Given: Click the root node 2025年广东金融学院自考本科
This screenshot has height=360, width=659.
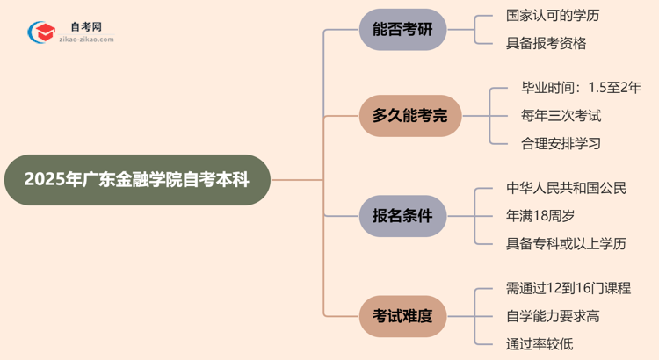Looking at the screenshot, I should [136, 180].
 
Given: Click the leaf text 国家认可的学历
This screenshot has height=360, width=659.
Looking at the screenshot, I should [553, 16].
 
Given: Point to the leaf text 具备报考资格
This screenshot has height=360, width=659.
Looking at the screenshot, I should [546, 42].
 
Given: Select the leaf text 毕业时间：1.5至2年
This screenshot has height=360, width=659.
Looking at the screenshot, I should [581, 88].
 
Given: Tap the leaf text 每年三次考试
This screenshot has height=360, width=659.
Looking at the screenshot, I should [561, 115].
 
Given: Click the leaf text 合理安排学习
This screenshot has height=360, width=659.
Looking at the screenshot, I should [561, 143].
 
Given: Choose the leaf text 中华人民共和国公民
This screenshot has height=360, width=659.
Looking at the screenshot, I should [567, 188].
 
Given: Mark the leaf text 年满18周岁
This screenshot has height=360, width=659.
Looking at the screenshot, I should [546, 215].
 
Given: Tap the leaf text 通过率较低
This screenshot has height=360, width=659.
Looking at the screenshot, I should [539, 343].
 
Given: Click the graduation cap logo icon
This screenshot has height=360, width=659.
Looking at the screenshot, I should [40, 33].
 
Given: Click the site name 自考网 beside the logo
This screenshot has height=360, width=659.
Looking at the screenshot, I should [85, 27].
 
